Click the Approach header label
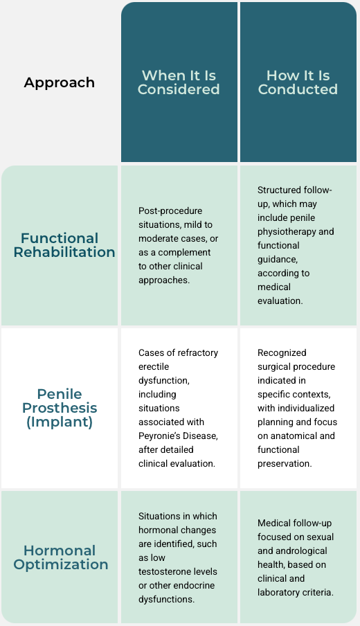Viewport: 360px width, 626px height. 59,82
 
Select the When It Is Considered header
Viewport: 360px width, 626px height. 179,82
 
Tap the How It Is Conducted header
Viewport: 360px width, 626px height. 298,82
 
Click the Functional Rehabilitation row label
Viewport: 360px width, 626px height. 64,245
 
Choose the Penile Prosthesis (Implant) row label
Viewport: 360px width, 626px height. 60,408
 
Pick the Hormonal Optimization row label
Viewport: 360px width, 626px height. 61,557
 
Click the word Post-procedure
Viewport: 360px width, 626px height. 170,211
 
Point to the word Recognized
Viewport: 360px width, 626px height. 282,353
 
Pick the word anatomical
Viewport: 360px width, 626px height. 294,436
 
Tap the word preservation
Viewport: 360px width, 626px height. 285,464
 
